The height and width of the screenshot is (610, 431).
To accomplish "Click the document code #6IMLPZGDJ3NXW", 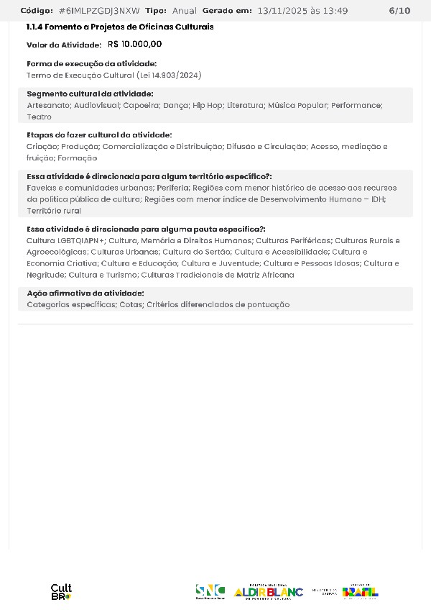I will (99, 11).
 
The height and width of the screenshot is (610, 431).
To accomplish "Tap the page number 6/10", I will (399, 11).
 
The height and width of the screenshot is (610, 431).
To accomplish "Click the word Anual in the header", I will (184, 11).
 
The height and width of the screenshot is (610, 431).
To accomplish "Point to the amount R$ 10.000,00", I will (134, 44).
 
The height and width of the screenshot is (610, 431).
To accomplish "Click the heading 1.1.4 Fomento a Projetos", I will (119, 27).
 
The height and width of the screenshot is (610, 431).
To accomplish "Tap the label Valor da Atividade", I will (64, 45).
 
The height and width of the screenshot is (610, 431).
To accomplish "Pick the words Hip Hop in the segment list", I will (207, 105).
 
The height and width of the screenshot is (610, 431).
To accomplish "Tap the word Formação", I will (77, 158).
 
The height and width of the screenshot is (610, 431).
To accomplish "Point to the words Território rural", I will (53, 211).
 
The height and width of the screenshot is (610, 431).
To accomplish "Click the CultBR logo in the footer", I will (61, 592).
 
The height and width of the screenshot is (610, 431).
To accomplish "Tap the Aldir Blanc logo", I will (268, 591).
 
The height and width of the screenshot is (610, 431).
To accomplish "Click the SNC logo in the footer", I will (210, 591).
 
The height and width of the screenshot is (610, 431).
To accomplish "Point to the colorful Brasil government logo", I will (360, 591).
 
